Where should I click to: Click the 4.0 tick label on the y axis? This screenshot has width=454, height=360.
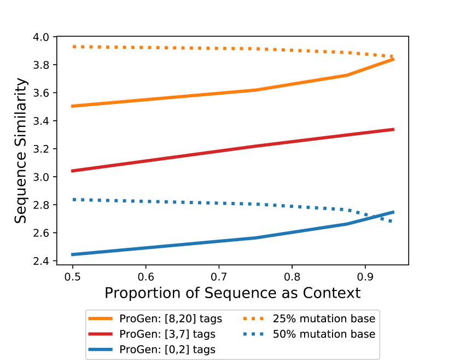click(x=42, y=37)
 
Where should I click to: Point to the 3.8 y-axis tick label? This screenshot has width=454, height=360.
click(x=42, y=65)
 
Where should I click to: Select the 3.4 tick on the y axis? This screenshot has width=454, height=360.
click(x=42, y=121)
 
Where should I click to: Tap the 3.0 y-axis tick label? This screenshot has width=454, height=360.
click(x=42, y=177)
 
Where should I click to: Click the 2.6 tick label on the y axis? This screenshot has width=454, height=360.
click(x=42, y=233)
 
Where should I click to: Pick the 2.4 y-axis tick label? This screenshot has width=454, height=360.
click(x=42, y=261)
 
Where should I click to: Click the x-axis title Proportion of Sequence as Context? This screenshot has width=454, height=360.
click(x=232, y=293)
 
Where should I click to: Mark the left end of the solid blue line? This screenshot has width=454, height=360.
click(x=73, y=254)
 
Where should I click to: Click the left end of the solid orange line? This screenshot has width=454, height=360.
click(x=73, y=106)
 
